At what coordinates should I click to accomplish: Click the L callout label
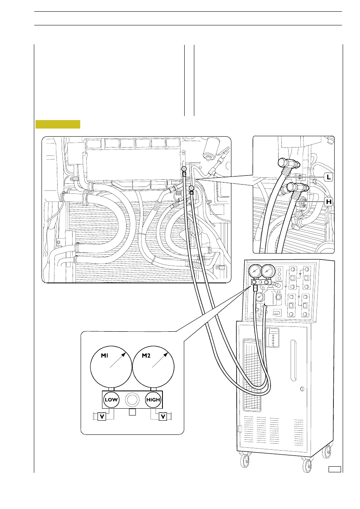coord(329,177)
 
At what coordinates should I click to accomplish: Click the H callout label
coord(329,202)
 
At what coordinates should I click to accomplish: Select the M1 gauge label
coord(104,355)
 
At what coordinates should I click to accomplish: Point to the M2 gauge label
coord(146,355)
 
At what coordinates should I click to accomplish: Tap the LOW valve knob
coord(111,400)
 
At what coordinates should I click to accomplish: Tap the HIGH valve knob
coord(153,400)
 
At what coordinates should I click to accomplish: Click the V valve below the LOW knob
coord(102,417)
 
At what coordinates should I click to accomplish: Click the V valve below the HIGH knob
coord(163,417)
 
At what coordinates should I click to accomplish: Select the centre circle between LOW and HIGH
coord(132,400)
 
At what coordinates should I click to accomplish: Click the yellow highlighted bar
coord(58,124)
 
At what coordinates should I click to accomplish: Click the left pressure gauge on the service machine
coord(255,271)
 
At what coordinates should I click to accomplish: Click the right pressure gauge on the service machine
coord(268,271)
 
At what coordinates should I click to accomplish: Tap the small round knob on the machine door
coord(302,389)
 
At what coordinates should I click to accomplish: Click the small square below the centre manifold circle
coord(132,412)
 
